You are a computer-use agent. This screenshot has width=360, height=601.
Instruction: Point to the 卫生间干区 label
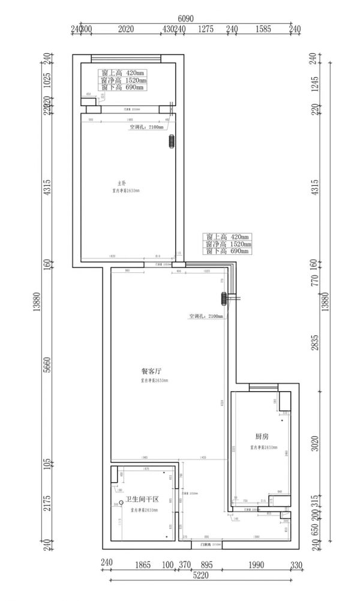pos(142,500)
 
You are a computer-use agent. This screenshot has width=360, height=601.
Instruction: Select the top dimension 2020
pos(125,29)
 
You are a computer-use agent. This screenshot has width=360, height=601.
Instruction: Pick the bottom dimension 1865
pos(143,564)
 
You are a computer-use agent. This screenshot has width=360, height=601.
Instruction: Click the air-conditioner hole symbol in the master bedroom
pos(171,142)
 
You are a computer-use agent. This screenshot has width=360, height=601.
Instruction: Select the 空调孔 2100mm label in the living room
pos(205,316)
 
